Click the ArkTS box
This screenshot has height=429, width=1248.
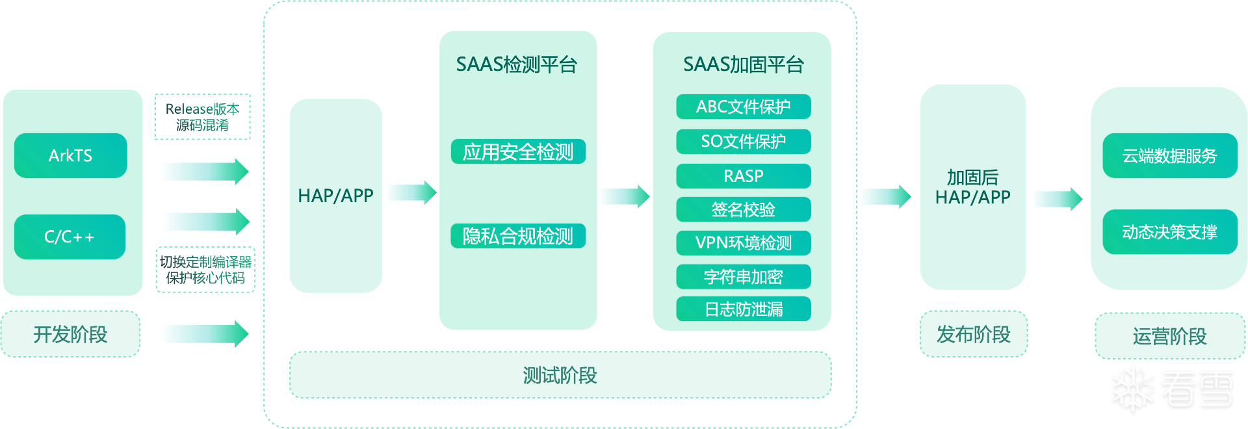point(70,155)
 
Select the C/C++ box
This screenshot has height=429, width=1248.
point(70,237)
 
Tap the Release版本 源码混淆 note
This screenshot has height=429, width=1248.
point(202,117)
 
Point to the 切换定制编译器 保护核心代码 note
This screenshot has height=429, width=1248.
point(205,270)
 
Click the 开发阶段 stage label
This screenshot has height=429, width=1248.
point(70,334)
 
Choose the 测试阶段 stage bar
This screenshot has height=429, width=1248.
point(560,375)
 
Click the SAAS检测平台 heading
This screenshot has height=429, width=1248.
point(517,64)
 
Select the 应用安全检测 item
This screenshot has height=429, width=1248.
point(518,152)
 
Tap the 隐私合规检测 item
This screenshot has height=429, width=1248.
point(518,236)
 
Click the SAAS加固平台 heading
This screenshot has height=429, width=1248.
point(744,64)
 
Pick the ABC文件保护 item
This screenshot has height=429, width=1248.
point(744,107)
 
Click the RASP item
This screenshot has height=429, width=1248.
point(744,176)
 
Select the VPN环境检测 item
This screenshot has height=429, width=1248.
point(744,243)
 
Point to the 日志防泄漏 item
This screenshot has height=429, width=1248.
point(744,309)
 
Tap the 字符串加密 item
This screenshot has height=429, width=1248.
point(744,277)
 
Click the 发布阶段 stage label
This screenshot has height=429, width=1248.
point(973,334)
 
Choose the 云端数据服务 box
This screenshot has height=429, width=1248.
point(1169,156)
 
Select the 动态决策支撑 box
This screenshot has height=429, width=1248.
point(1169,232)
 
